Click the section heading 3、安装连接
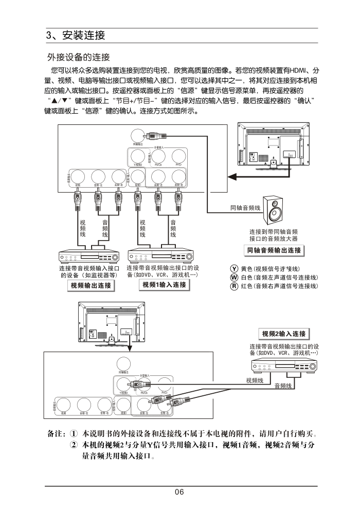click(76, 35)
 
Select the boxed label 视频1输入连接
click(164, 285)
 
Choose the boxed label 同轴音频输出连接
click(273, 250)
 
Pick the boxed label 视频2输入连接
click(284, 334)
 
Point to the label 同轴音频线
click(245, 208)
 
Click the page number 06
click(179, 492)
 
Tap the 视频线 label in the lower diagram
click(255, 380)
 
